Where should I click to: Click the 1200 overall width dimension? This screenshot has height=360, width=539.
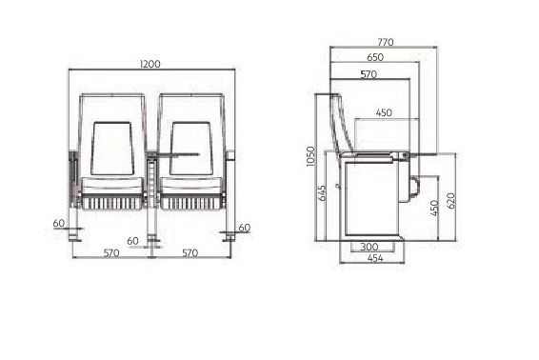tap(150, 64)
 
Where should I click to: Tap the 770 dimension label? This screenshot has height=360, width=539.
tap(386, 42)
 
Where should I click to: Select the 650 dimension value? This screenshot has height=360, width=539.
tap(375, 57)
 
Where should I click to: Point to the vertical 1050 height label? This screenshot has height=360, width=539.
tap(310, 156)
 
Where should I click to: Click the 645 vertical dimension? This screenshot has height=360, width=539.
tap(322, 193)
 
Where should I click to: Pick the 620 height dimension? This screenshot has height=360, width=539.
tap(451, 201)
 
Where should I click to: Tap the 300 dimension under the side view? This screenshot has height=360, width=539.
tap(369, 247)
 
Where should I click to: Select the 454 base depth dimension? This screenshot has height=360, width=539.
tap(375, 258)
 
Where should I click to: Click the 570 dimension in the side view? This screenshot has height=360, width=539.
tap(369, 74)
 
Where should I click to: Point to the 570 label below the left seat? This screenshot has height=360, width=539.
tap(111, 253)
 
